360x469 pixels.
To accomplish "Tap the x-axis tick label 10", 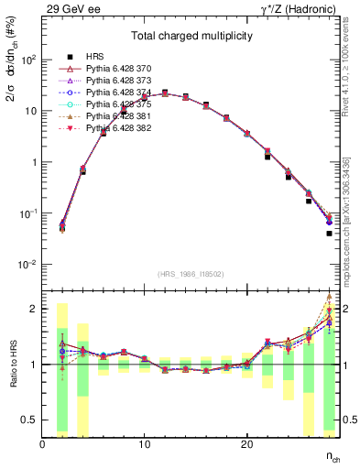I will (x=144, y=444).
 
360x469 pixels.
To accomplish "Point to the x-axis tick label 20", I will (x=246, y=444).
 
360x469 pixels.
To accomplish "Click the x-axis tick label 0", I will (x=42, y=444).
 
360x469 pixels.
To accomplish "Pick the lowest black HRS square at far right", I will (x=329, y=234).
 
